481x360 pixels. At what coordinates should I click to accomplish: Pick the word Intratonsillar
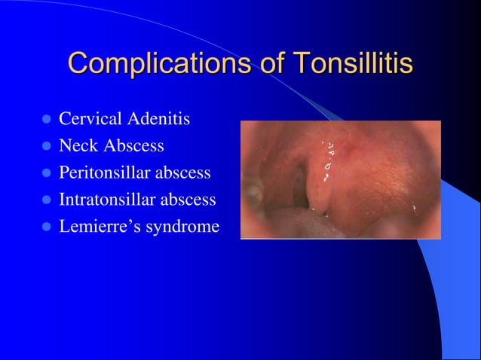(x=105, y=200)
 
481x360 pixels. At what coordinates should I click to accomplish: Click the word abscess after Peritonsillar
(x=183, y=173)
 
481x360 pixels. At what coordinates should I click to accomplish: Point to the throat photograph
(x=340, y=180)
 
